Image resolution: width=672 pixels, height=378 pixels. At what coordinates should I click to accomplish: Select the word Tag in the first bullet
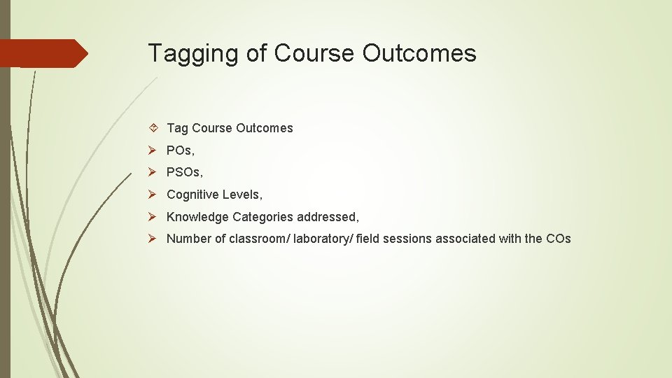177,128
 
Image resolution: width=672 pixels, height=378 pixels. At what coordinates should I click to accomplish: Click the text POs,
181,150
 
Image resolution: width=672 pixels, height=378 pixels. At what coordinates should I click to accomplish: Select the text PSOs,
184,172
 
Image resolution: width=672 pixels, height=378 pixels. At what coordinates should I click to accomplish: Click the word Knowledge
197,217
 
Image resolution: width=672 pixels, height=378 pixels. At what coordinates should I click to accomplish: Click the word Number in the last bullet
188,239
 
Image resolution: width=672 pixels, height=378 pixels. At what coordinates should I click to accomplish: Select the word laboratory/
323,239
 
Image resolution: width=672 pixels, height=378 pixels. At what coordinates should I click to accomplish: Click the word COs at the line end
558,239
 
